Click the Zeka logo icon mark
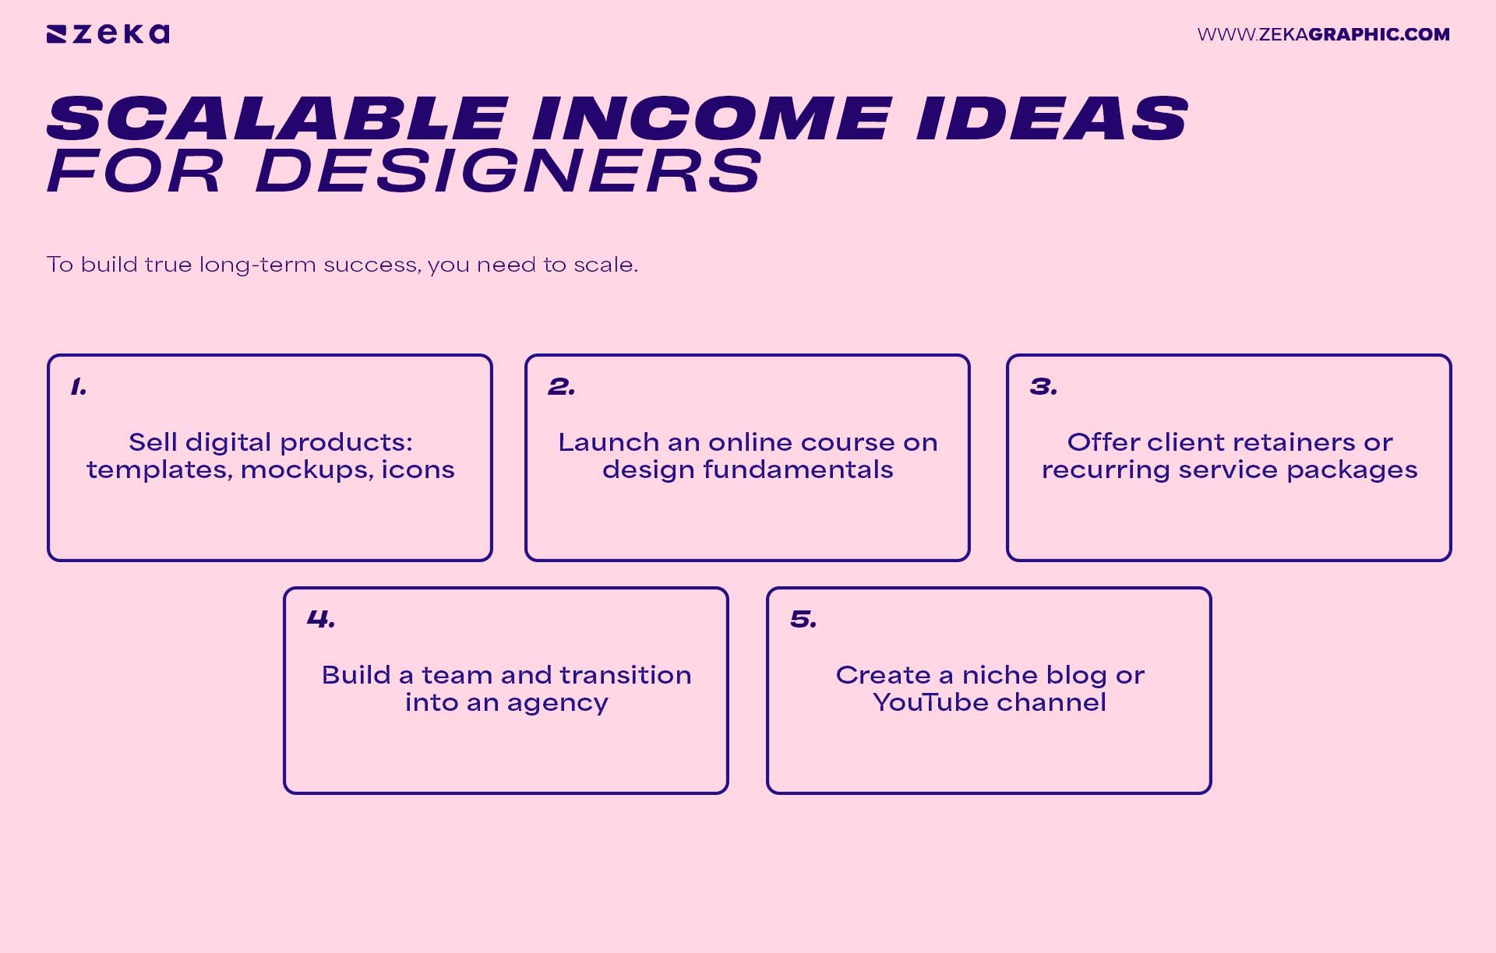(x=57, y=34)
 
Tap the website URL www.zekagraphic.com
(x=1323, y=34)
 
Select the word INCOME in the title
(x=711, y=119)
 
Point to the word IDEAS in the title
(x=1052, y=119)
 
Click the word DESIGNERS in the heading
(x=508, y=171)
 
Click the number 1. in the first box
(x=78, y=387)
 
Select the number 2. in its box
(x=561, y=387)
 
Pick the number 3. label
(x=1043, y=387)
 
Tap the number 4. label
(x=320, y=620)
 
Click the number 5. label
(x=803, y=620)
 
